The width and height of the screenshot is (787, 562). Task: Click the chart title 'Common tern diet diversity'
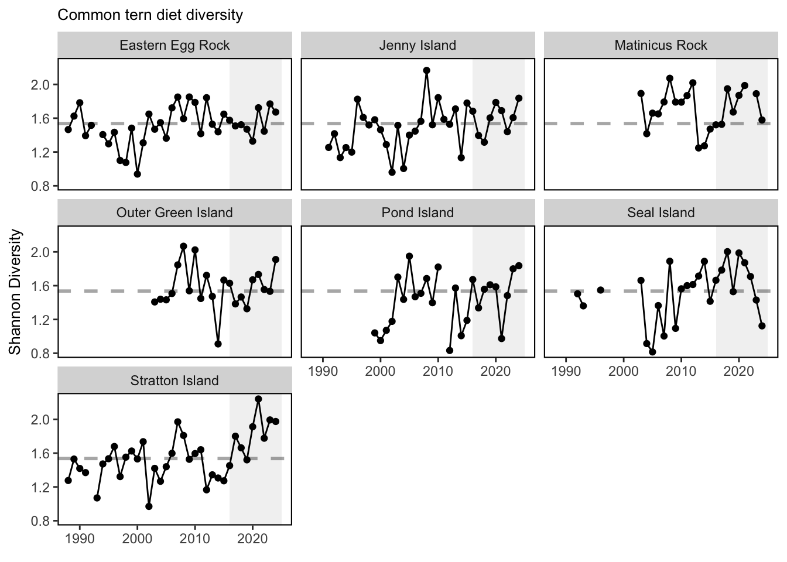(x=150, y=15)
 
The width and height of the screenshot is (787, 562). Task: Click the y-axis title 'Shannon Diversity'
(x=15, y=292)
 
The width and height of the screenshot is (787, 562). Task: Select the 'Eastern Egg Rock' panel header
(x=174, y=45)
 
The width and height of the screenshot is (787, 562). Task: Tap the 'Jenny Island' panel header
(x=418, y=45)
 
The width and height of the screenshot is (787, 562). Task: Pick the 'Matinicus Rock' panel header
(x=661, y=45)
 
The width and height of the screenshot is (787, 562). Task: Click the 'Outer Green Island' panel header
(x=174, y=213)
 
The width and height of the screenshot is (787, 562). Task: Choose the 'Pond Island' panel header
(x=418, y=213)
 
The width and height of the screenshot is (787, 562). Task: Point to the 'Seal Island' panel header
(x=661, y=213)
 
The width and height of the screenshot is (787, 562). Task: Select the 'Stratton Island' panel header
(x=174, y=381)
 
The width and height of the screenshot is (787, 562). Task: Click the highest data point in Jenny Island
(x=426, y=71)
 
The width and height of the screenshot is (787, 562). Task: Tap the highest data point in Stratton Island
(x=258, y=399)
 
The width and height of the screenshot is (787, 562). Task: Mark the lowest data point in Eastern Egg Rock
(x=138, y=174)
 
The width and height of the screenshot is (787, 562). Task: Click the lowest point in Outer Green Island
(x=218, y=344)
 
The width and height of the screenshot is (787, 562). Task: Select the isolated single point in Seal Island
(x=600, y=290)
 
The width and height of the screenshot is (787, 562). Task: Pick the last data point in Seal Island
(x=762, y=326)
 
